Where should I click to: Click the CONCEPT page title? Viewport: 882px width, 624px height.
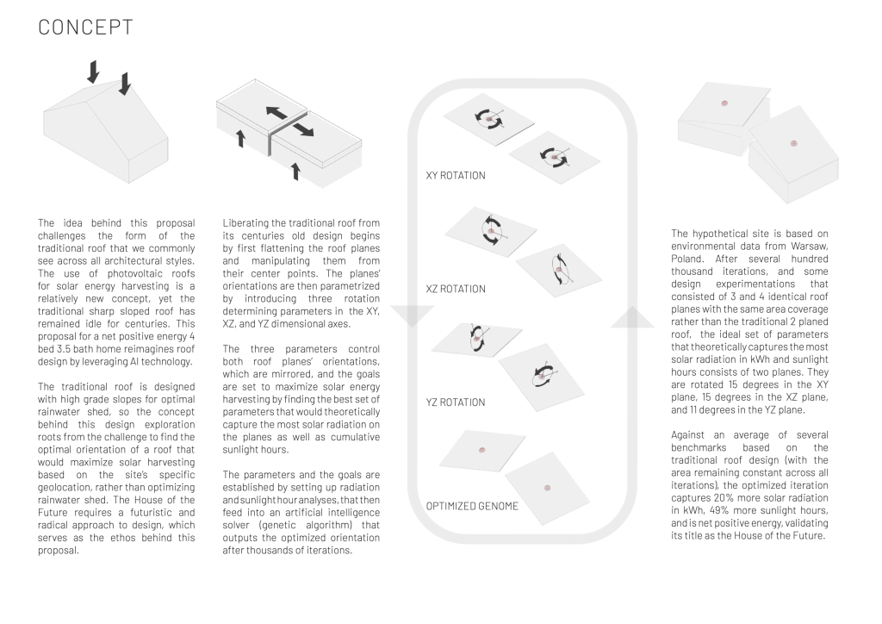tap(86, 27)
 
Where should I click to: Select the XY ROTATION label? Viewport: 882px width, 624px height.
tap(456, 176)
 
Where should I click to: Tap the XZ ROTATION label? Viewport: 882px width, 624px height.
tap(456, 290)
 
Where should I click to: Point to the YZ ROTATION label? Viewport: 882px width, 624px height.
tap(456, 402)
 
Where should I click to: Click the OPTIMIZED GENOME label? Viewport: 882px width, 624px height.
tap(472, 506)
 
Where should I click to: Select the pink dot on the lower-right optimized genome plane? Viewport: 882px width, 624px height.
tap(547, 488)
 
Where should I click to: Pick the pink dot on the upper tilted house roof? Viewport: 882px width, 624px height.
tap(724, 103)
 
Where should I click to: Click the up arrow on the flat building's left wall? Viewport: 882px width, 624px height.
tap(240, 138)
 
